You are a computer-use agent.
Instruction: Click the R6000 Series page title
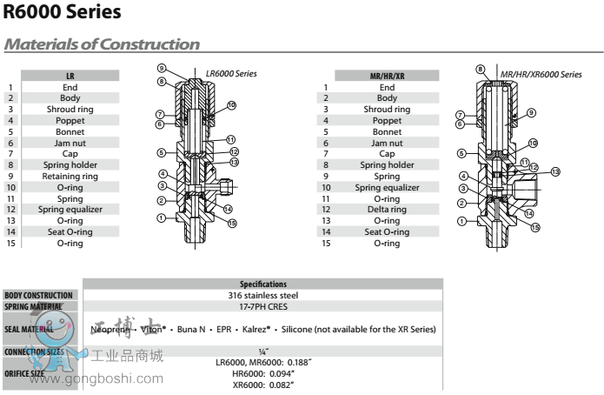coord(63,13)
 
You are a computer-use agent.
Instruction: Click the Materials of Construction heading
coord(103,44)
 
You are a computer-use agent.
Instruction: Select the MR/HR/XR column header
coord(387,77)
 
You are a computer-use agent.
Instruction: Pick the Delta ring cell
coord(387,210)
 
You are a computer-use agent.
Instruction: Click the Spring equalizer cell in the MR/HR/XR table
coord(387,187)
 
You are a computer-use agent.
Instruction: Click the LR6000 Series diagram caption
coord(231,74)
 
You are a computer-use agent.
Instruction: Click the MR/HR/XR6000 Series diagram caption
coord(541,74)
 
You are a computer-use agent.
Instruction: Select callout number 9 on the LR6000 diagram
coord(162,68)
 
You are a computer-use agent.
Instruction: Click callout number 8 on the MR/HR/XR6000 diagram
coord(480,68)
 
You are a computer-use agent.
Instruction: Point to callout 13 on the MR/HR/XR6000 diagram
coord(555,171)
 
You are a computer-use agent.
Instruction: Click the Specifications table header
coord(262,285)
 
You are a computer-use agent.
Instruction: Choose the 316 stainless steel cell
coord(262,296)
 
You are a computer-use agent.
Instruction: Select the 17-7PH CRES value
coord(262,307)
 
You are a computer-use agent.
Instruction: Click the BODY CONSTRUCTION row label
coord(41,296)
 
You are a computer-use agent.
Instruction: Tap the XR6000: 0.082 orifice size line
coord(262,384)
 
